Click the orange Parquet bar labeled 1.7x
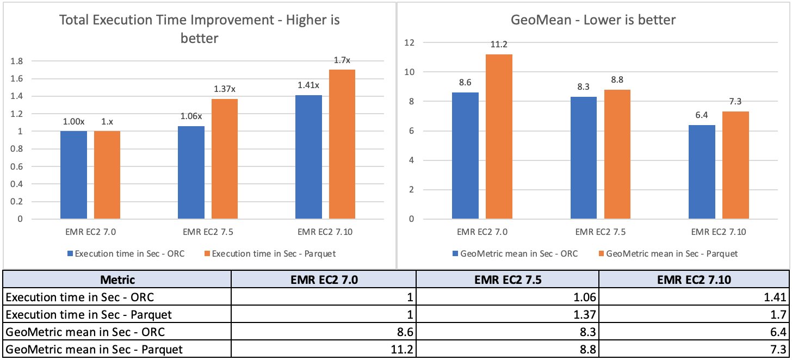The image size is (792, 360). pos(342,144)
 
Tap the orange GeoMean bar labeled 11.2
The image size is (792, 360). pos(499,136)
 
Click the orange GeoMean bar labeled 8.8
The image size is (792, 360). pos(617,154)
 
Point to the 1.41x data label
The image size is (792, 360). pos(308,85)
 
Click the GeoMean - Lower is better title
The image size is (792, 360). pos(594,20)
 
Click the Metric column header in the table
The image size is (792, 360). pos(117,280)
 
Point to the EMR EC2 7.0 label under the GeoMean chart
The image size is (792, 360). pos(482,232)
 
